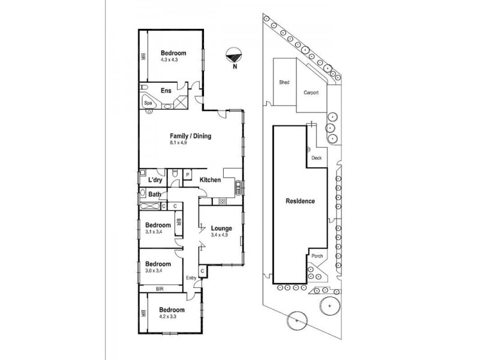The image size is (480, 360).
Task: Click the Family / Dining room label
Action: (x=190, y=136)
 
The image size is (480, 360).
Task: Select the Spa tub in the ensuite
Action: (x=148, y=103)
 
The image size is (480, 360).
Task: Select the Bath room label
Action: (x=155, y=194)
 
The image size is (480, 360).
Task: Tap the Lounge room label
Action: (x=221, y=228)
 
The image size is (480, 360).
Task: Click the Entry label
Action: (x=191, y=277)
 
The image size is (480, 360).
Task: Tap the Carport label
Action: (x=311, y=93)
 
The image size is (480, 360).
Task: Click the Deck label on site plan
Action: (x=317, y=158)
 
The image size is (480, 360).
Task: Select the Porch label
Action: (x=317, y=256)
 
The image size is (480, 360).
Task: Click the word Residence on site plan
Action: (x=299, y=202)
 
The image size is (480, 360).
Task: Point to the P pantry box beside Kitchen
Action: (x=187, y=175)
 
